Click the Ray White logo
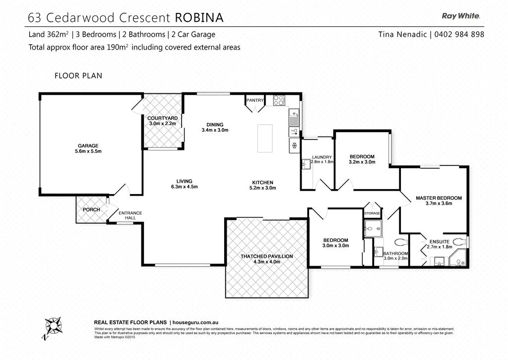coord(460,16)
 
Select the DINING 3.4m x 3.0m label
coord(215,127)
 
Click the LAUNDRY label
coord(322,157)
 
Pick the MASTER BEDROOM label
coord(439,198)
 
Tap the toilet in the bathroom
coord(400,243)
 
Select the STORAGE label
coord(372,214)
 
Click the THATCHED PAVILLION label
coord(266,256)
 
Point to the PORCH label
coord(91,210)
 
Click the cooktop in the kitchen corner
coord(279,100)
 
